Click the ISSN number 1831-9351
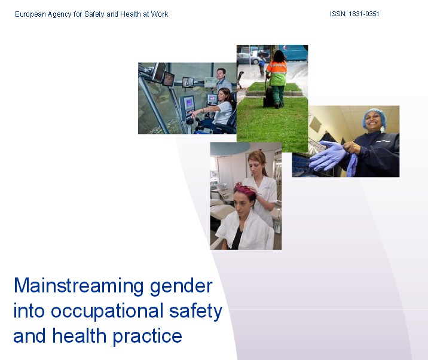point(363,14)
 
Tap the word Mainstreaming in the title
point(79,286)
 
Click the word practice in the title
point(148,337)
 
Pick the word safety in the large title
point(195,312)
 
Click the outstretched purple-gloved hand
point(328,155)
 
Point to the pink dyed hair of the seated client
point(245,190)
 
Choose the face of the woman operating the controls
point(222,96)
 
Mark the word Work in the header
point(160,14)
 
